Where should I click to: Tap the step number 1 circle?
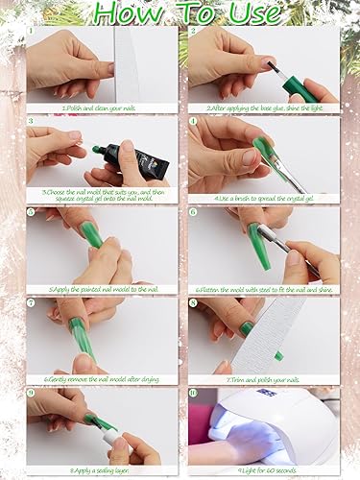pos(31,31)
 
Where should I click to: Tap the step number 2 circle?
pos(193,31)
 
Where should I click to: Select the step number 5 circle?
pos(31,212)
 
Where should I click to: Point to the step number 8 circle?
pos(193,302)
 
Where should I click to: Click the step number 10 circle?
pos(193,393)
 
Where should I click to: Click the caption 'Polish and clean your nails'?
pos(101,108)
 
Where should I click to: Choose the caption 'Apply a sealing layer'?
pos(101,469)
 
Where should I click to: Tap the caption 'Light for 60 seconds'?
pos(262,469)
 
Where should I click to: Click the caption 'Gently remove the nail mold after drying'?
pos(101,378)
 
